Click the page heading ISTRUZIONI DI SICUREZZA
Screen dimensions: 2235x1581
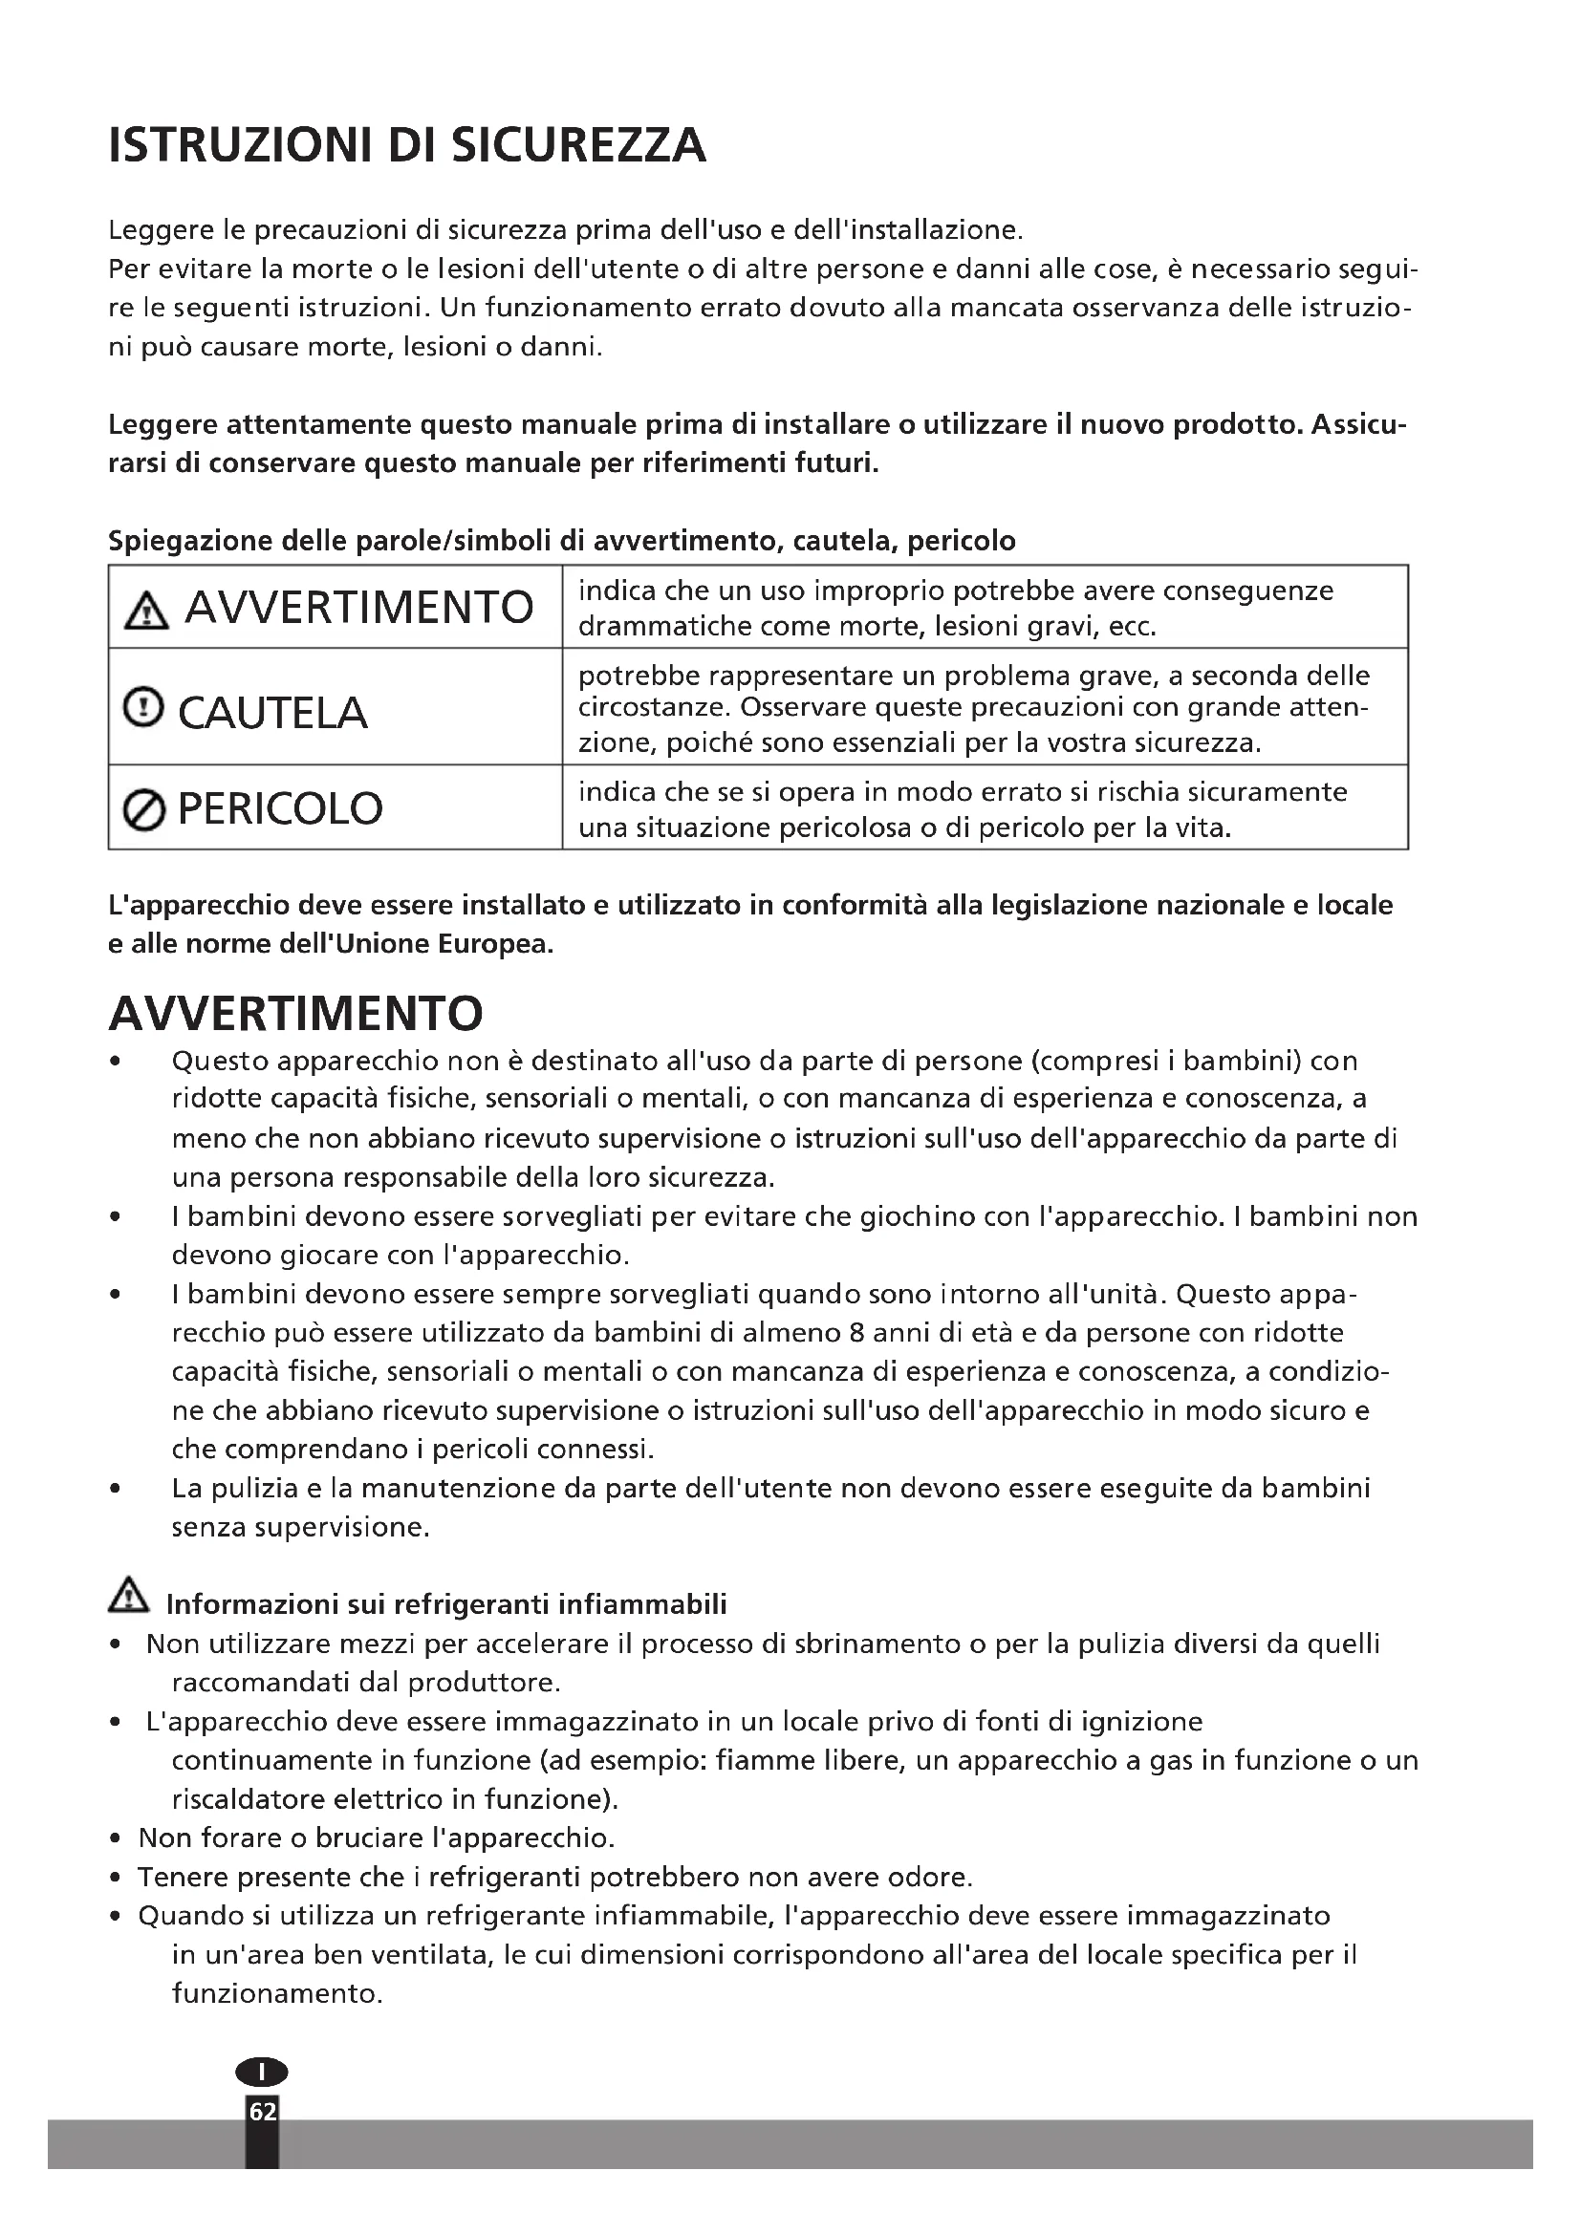[407, 146]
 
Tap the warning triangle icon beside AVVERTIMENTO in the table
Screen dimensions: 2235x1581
[146, 612]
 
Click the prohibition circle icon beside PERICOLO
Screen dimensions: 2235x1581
[144, 810]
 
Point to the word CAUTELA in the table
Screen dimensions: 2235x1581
[272, 714]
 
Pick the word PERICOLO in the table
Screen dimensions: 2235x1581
[280, 809]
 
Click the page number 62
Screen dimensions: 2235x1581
[263, 2112]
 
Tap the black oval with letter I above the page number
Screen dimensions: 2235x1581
[262, 2072]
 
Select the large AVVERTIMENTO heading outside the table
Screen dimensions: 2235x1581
[296, 1015]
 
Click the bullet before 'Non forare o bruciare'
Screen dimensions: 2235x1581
[116, 1838]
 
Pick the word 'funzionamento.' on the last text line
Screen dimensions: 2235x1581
[277, 1993]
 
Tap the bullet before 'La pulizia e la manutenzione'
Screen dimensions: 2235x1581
[116, 1489]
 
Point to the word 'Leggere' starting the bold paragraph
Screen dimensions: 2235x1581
[162, 425]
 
